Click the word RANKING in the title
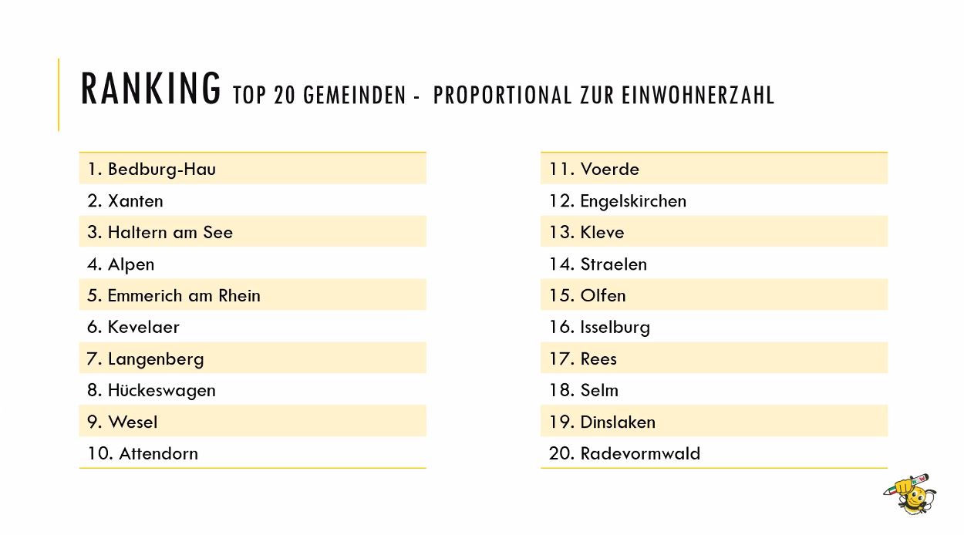click(x=150, y=88)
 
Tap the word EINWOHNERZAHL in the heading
click(x=698, y=95)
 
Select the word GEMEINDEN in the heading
click(x=355, y=95)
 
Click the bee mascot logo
click(x=910, y=493)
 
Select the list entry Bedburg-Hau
click(x=162, y=169)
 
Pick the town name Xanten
click(x=136, y=201)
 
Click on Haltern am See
click(x=170, y=232)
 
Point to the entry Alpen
click(x=131, y=264)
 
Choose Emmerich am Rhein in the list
click(x=184, y=295)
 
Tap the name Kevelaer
click(x=143, y=328)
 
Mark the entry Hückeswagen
click(x=162, y=391)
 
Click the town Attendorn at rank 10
click(x=158, y=454)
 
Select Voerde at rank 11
click(x=610, y=169)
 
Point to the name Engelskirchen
click(x=633, y=201)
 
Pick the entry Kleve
click(x=602, y=232)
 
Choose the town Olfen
click(x=603, y=295)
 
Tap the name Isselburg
click(x=615, y=328)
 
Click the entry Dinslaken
click(x=618, y=422)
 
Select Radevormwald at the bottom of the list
click(x=640, y=454)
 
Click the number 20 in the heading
click(x=284, y=95)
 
